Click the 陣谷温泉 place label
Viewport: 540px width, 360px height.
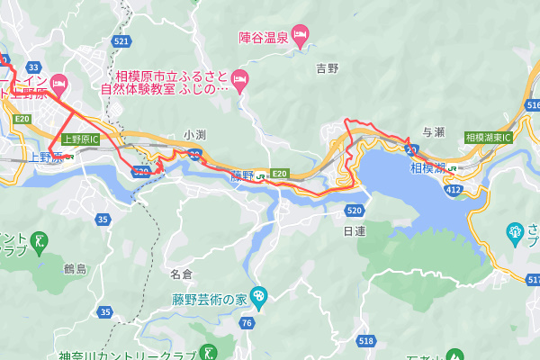262,37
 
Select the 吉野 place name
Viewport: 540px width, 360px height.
328,68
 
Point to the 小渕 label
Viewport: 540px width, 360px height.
194,134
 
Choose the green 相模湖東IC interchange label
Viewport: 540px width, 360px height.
488,138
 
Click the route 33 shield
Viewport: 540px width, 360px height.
34,67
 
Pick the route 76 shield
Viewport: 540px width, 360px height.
247,322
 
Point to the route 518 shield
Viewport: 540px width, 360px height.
365,341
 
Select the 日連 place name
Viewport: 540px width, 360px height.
355,231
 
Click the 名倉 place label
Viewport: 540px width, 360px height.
181,273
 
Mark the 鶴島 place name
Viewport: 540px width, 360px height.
75,269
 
